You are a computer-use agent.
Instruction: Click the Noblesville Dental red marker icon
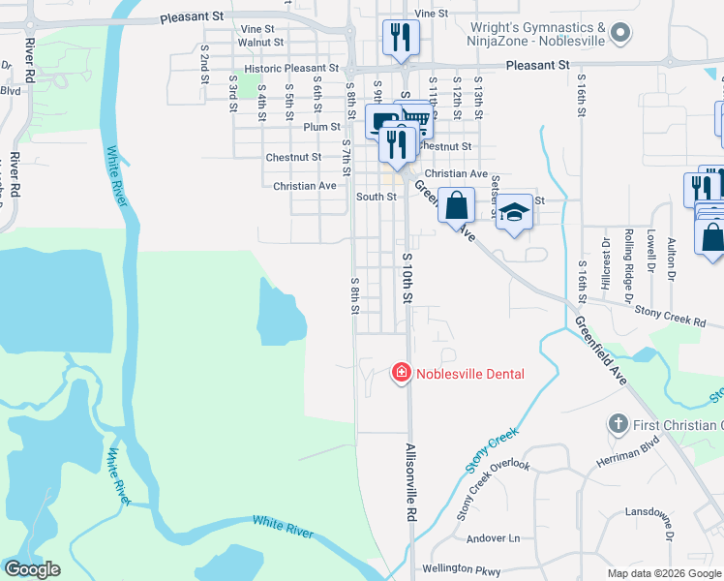click(400, 372)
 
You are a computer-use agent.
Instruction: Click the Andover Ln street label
click(493, 538)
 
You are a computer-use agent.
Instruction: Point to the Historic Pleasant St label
click(291, 70)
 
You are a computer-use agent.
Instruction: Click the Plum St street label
click(321, 127)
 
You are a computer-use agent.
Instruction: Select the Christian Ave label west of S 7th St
click(304, 186)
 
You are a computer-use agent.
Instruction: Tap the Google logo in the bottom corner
click(32, 569)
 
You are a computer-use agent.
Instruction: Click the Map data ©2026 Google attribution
click(663, 573)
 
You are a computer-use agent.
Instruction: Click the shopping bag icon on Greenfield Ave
click(456, 205)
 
